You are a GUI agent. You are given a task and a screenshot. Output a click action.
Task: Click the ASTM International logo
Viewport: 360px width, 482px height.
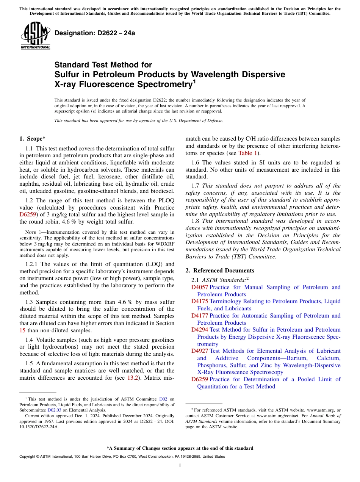35,35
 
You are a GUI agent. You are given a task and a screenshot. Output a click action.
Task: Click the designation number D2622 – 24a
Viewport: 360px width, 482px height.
95,33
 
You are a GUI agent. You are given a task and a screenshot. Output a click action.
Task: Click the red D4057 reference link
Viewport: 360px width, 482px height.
199,287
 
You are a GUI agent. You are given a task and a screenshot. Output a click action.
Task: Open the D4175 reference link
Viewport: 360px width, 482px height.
199,301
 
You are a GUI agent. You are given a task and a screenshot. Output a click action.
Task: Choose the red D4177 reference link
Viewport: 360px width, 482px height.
199,316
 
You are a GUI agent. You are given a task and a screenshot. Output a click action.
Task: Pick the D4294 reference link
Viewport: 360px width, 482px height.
199,330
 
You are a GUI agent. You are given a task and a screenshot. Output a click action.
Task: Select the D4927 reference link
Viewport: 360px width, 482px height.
199,351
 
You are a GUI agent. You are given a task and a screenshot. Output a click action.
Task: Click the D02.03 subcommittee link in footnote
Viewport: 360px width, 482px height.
54,410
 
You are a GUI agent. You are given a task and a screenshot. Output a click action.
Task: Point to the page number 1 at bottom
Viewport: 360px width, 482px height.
180,466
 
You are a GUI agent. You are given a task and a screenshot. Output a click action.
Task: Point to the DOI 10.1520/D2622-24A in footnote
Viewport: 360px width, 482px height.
39,426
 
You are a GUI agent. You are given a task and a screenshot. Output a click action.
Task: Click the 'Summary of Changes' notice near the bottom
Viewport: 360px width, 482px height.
180,448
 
